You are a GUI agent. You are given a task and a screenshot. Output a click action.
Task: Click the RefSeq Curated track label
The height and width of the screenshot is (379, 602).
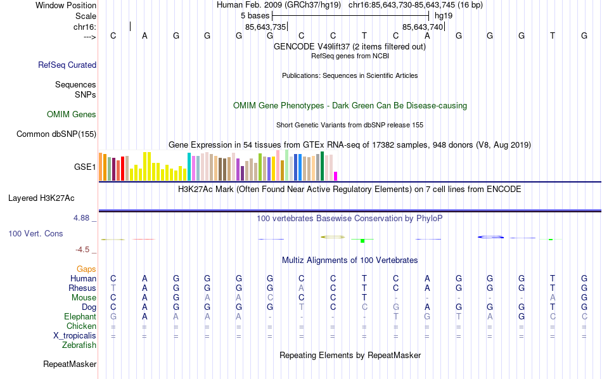67,65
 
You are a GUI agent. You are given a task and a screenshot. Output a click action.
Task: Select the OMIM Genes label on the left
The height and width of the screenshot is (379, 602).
72,115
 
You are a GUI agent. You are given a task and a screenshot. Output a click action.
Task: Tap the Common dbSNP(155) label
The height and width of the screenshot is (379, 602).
56,134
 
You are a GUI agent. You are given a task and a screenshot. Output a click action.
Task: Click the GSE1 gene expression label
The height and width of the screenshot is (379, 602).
85,167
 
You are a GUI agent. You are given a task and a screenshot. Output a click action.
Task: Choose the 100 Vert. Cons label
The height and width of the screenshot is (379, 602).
35,234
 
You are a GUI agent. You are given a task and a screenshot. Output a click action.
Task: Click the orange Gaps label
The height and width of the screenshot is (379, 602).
86,269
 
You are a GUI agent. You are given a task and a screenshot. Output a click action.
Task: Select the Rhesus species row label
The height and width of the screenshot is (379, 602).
82,288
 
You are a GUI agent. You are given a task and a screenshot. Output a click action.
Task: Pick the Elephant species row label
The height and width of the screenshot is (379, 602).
80,316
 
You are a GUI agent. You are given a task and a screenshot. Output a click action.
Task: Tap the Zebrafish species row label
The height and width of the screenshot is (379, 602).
79,345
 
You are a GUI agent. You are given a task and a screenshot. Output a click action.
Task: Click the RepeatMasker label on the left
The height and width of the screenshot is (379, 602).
70,364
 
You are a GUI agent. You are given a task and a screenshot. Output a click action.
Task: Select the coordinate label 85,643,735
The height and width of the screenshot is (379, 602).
266,27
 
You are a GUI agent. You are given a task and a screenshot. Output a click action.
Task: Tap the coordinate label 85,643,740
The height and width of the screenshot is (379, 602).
423,27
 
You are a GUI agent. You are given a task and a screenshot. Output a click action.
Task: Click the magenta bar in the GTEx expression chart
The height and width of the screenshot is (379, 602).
336,176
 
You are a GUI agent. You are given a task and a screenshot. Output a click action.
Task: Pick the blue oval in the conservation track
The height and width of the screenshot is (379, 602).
490,237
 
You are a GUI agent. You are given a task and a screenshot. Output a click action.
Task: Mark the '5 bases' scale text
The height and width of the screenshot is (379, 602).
255,15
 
